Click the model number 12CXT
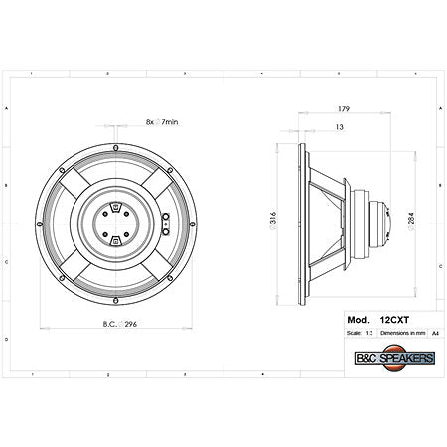click(x=394, y=321)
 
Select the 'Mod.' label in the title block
click(x=353, y=321)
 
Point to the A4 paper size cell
click(x=421, y=334)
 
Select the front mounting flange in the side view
click(x=299, y=224)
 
